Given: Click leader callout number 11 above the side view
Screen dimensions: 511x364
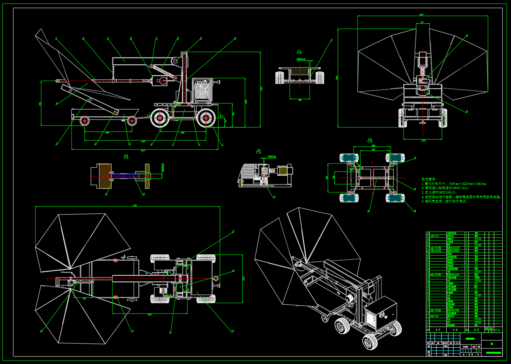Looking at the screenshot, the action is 108,38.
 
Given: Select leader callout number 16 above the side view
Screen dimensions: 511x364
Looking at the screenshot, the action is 178,38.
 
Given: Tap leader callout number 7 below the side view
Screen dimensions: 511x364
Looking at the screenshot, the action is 57,144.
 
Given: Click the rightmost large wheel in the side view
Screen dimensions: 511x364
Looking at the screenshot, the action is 206,118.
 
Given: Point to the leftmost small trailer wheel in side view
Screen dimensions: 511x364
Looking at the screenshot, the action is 84,121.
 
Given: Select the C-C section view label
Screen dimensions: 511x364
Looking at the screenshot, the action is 299,52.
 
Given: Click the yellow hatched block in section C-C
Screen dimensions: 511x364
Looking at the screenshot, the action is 300,72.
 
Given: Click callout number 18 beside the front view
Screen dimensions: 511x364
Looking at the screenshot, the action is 467,35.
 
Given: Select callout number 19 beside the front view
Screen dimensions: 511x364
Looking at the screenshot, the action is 467,111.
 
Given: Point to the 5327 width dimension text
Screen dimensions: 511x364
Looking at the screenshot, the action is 421,15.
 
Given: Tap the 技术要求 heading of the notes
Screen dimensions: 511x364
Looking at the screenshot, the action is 429,179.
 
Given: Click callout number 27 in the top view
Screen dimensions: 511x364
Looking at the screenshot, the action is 233,231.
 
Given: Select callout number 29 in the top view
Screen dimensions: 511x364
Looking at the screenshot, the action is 233,271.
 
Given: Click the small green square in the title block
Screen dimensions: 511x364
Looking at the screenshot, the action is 492,344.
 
